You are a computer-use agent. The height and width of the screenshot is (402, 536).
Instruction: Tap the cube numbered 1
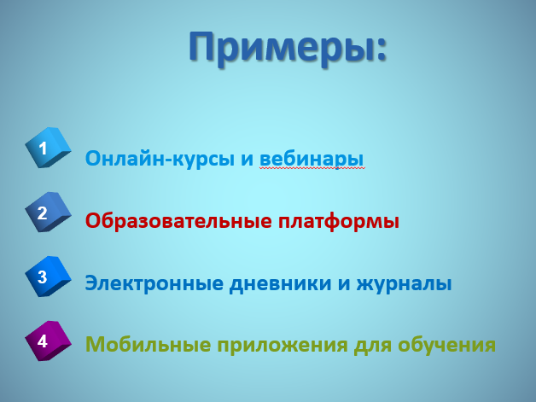(48, 148)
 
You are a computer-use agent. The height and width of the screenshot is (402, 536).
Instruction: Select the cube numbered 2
(48, 212)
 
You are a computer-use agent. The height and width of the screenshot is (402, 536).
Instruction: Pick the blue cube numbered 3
(48, 277)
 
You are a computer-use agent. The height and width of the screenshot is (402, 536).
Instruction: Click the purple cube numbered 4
(48, 341)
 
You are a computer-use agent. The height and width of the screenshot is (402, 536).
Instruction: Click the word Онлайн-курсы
(160, 159)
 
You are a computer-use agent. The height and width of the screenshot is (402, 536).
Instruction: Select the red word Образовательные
(178, 221)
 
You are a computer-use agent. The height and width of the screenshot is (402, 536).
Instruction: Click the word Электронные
(153, 283)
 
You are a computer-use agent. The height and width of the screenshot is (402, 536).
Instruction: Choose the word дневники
(280, 283)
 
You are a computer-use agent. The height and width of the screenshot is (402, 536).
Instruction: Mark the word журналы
(404, 284)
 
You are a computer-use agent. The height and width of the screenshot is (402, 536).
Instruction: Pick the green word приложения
(283, 346)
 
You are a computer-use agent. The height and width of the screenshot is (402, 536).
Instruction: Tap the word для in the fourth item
(373, 346)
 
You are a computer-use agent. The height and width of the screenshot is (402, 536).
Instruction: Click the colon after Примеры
(382, 50)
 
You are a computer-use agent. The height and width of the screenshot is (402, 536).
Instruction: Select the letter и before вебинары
(248, 160)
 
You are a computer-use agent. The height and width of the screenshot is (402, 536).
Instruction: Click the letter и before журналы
(344, 284)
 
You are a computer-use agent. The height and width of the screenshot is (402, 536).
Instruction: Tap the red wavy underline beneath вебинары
(312, 168)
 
